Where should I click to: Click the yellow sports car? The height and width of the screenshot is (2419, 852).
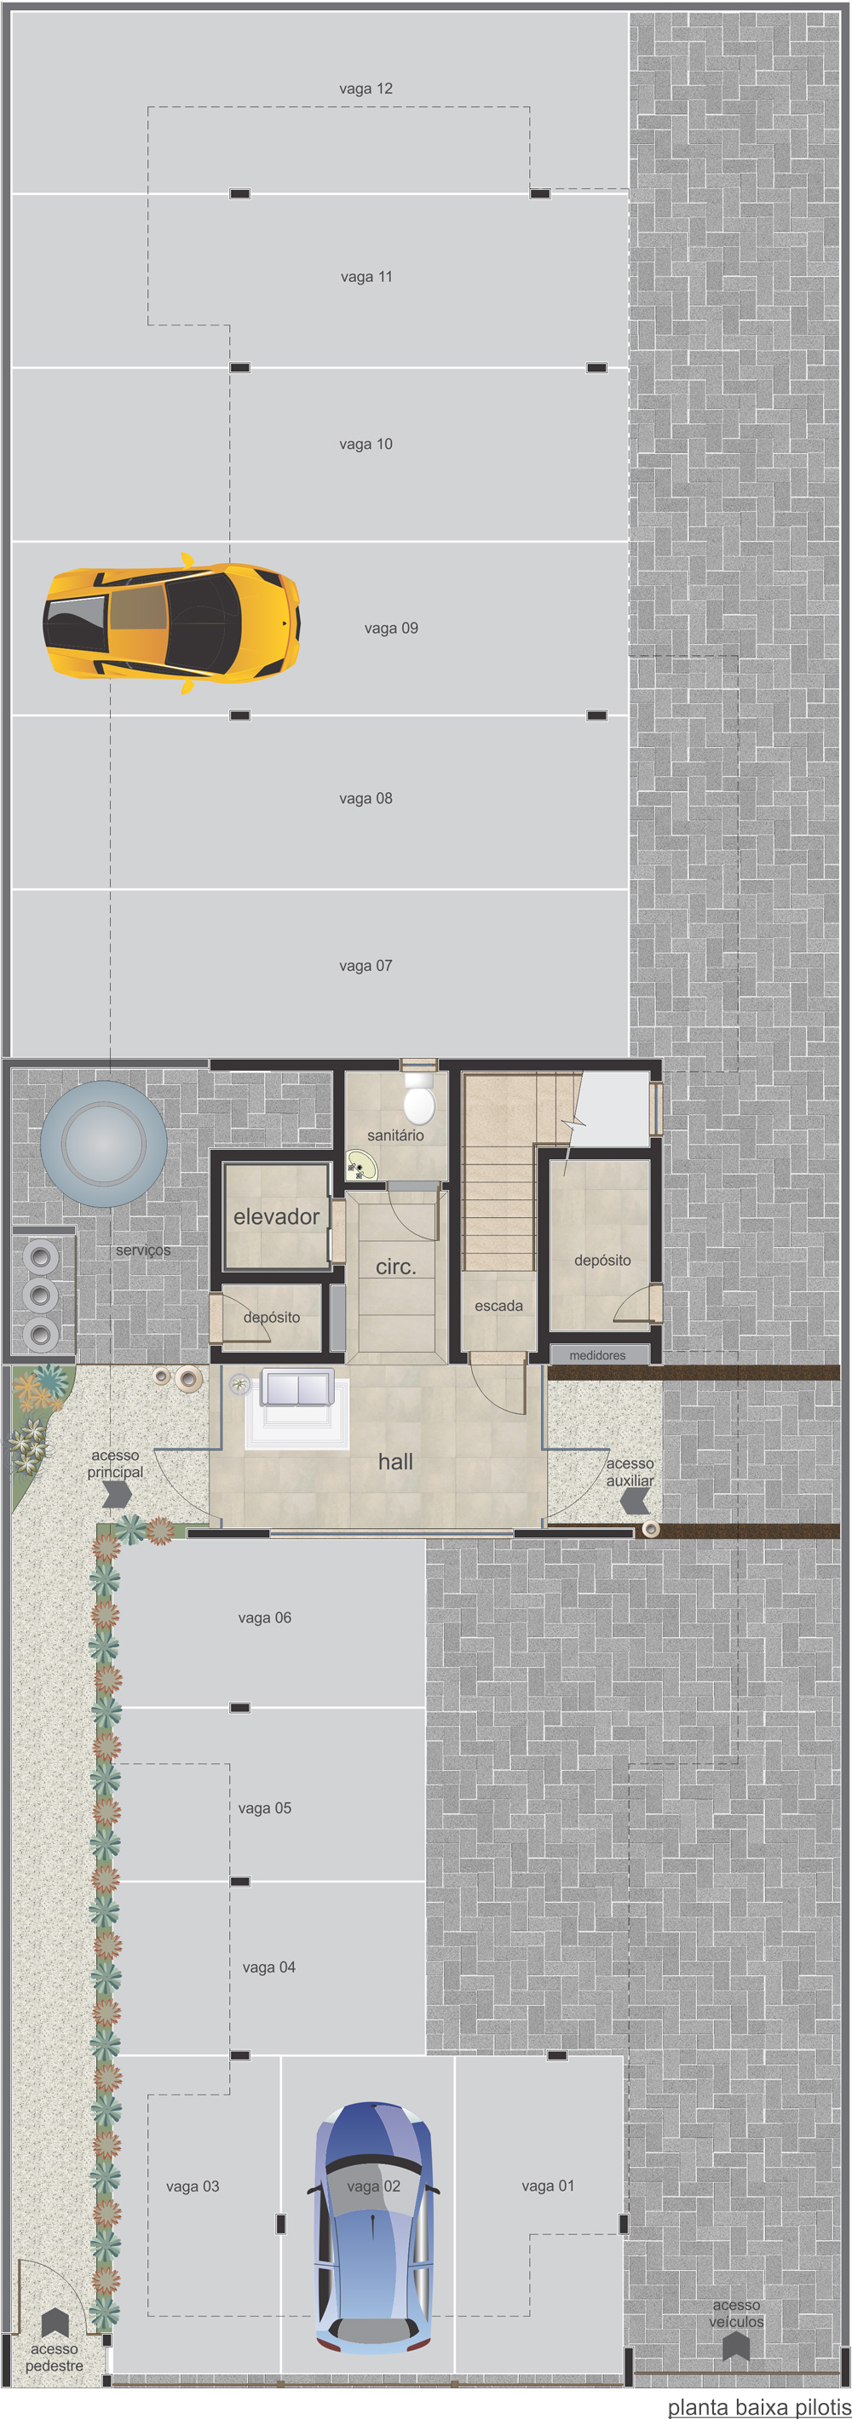172,623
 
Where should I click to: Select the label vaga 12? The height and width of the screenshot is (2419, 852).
366,89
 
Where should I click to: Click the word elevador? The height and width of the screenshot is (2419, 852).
276,1216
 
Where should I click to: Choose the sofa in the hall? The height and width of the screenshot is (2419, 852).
296,1388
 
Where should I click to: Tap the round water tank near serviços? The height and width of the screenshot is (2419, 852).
103,1143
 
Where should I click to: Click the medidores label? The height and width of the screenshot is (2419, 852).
597,1355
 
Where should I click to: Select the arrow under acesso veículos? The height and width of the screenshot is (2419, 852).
736,2347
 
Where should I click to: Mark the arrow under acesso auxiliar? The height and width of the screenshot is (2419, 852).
635,1501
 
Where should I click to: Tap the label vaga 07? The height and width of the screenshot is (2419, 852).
366,965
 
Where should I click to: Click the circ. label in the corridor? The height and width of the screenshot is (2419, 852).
395,1267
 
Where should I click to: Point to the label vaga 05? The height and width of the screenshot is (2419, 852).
265,1807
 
